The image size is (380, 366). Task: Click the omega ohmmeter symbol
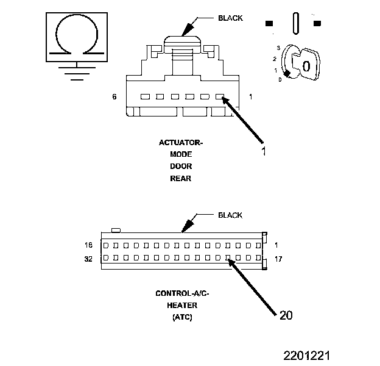pyautogui.click(x=75, y=36)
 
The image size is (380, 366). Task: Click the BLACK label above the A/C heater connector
pyautogui.click(x=230, y=215)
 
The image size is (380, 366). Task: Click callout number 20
pyautogui.click(x=286, y=315)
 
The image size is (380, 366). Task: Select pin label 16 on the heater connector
pyautogui.click(x=89, y=245)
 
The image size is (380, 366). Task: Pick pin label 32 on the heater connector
pyautogui.click(x=89, y=259)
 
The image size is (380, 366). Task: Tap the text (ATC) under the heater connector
pyautogui.click(x=183, y=317)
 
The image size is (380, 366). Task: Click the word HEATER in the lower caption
pyautogui.click(x=183, y=305)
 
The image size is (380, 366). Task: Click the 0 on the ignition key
pyautogui.click(x=307, y=66)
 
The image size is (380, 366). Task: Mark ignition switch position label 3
pyautogui.click(x=278, y=47)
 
